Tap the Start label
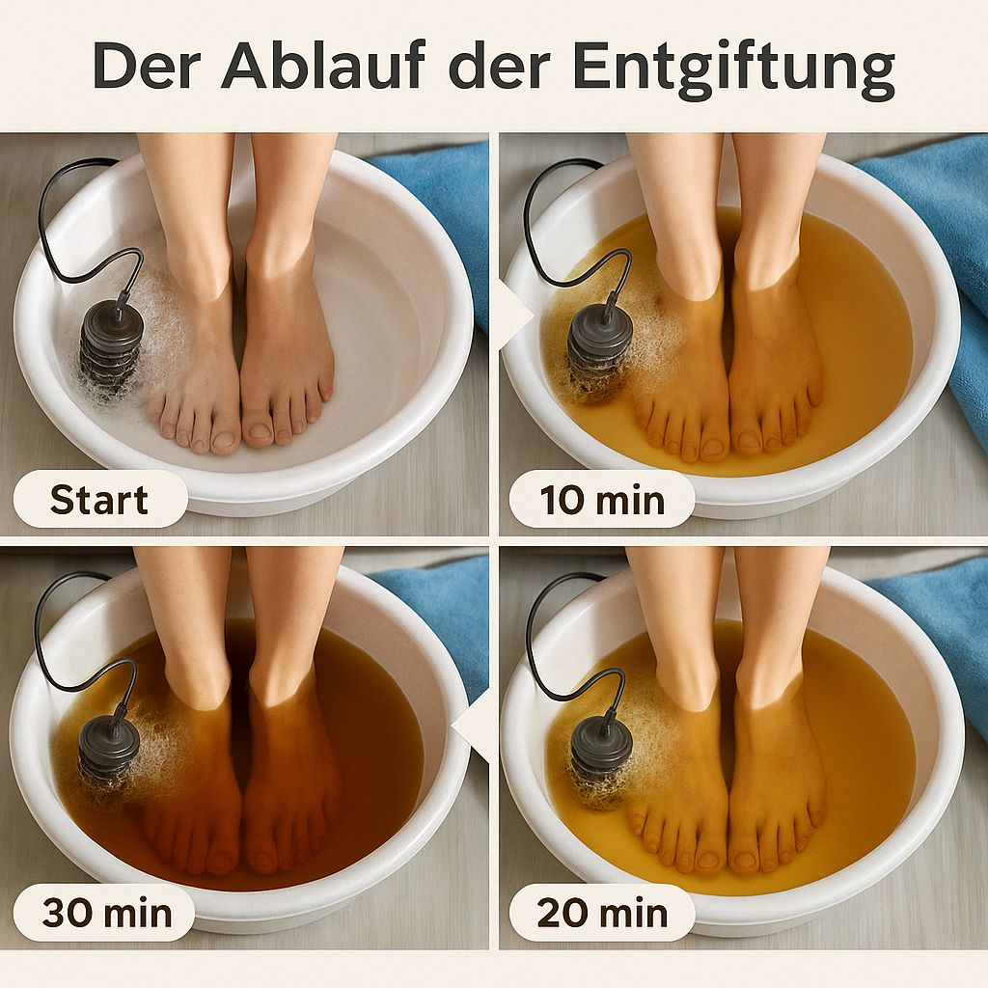point(99,500)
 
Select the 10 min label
point(602,500)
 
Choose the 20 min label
point(602,911)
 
